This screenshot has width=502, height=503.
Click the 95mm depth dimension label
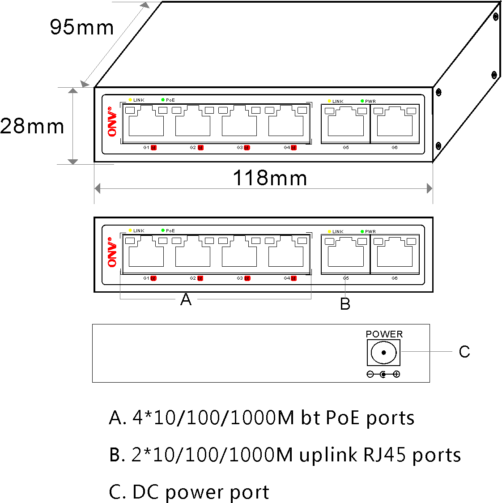click(x=82, y=27)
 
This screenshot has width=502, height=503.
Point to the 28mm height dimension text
click(x=32, y=126)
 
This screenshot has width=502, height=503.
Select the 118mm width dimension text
click(x=270, y=178)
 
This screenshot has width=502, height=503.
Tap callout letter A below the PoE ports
click(x=186, y=299)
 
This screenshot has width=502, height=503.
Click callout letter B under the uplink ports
click(x=345, y=304)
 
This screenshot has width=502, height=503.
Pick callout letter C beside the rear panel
click(x=464, y=352)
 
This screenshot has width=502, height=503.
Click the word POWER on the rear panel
click(x=384, y=334)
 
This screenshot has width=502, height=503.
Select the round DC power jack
click(x=383, y=352)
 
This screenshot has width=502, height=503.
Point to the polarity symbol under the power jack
click(x=383, y=374)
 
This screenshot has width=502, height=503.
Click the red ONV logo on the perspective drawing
click(x=112, y=122)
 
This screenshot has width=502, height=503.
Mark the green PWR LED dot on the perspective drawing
click(x=362, y=101)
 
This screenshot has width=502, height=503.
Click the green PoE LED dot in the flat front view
click(x=163, y=230)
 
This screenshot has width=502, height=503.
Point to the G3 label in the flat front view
click(x=240, y=278)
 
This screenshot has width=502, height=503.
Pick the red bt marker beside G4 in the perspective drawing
click(x=294, y=148)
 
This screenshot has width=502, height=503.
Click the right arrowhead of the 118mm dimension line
click(x=430, y=188)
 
